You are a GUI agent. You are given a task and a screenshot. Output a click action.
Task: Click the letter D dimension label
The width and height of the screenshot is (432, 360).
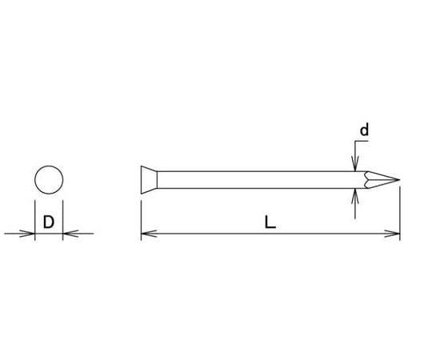(49, 222)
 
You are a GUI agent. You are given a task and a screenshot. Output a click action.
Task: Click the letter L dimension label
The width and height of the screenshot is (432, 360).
(270, 222)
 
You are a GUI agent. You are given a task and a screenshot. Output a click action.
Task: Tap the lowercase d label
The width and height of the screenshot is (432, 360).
(364, 130)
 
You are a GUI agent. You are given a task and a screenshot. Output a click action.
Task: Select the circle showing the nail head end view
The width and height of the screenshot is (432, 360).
(49, 166)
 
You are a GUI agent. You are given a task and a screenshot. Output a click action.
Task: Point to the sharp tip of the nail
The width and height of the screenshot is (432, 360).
(399, 180)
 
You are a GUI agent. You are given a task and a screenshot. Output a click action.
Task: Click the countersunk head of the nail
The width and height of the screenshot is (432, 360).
(149, 180)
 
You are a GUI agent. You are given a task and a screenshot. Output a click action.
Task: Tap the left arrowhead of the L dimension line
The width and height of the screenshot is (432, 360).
(149, 234)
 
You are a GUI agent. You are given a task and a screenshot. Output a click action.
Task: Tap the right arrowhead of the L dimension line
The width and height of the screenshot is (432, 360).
(392, 234)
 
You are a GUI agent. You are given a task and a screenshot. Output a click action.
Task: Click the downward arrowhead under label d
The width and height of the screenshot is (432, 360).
(355, 164)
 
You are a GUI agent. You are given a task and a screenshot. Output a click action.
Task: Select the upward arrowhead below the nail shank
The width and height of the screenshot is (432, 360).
(355, 196)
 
